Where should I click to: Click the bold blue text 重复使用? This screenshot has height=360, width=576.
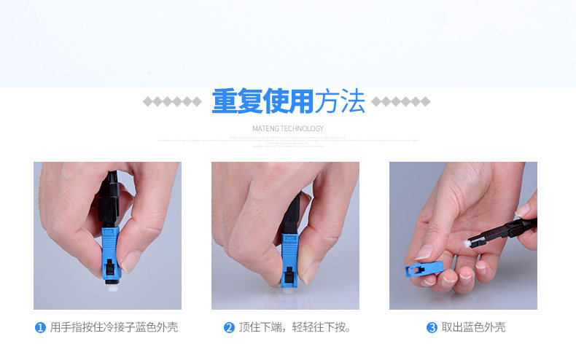262,102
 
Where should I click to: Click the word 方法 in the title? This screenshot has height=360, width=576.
339,102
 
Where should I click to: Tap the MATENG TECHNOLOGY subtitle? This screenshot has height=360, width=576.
287,128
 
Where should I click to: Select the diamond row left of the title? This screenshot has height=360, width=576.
172,101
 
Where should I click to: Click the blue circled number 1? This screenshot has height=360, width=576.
41,328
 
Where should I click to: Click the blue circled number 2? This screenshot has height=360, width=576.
229,328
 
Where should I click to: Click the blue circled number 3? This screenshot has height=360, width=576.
432,328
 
